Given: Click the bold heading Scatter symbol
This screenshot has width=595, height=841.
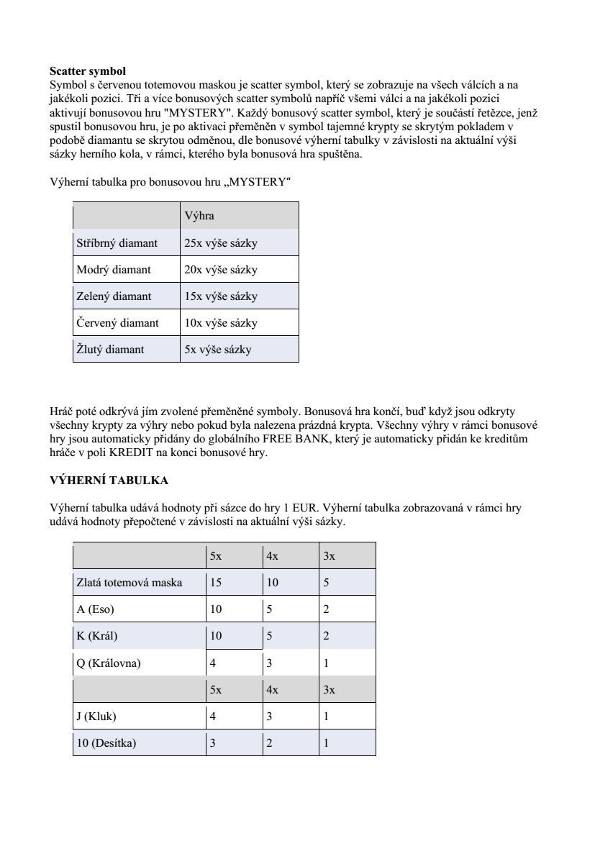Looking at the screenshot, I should coord(87,71).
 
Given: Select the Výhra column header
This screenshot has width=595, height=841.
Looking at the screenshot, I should coord(199,216).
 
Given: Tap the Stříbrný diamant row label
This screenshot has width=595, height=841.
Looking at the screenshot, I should coord(117,243).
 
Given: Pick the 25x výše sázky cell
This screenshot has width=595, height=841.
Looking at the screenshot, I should coord(220,243).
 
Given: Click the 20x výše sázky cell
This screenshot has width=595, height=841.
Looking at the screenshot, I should coord(220,270).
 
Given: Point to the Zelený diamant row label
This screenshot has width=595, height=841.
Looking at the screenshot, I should coord(114,296).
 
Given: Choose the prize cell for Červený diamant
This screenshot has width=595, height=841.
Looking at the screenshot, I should coord(220,323).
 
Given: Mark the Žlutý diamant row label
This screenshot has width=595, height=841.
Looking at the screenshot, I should coord(110,350).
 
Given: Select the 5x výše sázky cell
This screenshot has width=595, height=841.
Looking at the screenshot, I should coord(217,350).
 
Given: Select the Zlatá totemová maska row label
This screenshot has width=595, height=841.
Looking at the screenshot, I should coord(129,583).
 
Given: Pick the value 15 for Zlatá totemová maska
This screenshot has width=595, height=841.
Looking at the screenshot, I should coord(216,583).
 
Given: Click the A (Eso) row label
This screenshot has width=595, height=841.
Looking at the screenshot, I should coord(95,609).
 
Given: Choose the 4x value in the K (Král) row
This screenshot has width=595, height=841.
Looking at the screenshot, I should coord(269,636).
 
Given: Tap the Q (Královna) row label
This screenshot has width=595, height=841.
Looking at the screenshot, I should coord(108,663).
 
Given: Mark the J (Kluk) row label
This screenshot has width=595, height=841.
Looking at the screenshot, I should coord(96,717).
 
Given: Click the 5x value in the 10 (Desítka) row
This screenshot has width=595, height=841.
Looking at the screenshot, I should coord(212,743).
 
